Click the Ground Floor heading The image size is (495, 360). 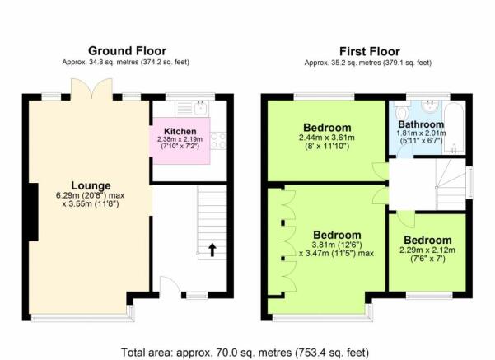tap(127, 51)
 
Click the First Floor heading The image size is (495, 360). tap(369, 51)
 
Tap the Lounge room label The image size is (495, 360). tap(91, 185)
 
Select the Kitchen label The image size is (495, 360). tap(180, 131)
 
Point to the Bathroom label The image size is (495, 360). tap(421, 124)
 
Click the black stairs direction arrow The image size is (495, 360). tap(212, 250)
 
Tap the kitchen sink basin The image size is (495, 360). tap(200, 108)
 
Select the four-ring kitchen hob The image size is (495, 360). tap(218, 141)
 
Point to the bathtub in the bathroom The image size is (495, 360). tap(454, 128)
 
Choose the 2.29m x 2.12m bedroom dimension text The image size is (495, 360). tap(427, 250)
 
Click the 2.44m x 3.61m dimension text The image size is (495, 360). tap(327, 138)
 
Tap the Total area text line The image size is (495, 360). tap(245, 352)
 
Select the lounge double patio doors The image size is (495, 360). tap(91, 88)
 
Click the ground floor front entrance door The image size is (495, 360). tap(170, 287)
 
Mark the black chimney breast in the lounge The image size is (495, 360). tap(34, 212)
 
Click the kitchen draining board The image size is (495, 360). tap(184, 108)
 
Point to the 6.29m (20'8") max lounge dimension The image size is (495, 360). tap(91, 195)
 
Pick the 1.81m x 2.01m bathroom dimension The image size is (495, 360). tap(421, 133)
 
